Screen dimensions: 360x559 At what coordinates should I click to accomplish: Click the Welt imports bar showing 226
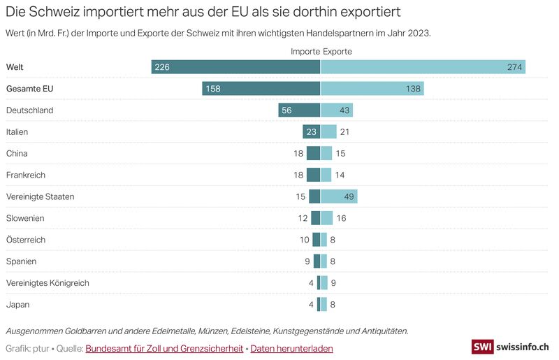coord(235,67)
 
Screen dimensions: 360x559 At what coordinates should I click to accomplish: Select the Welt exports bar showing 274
coord(423,67)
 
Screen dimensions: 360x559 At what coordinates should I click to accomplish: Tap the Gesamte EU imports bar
coord(261,89)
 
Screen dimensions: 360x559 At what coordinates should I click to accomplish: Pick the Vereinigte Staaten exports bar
coord(339,196)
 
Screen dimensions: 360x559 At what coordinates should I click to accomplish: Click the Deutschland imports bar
coord(299,110)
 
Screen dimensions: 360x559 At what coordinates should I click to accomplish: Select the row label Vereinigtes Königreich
coord(48,283)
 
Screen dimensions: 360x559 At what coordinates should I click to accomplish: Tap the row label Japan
coord(17,305)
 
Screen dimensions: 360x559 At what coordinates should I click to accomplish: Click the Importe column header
coord(305,52)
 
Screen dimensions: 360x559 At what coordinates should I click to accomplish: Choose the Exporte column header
coord(337,52)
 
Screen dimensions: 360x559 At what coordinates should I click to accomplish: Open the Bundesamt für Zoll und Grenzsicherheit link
coord(164,348)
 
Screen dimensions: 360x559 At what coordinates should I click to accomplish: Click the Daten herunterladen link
coord(291,348)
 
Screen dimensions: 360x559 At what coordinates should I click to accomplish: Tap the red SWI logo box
coord(482,347)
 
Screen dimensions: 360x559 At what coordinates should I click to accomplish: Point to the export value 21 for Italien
coord(344,132)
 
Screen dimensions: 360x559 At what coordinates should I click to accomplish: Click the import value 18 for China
coord(298,154)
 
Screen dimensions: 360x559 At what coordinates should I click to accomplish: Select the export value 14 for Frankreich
coord(340,175)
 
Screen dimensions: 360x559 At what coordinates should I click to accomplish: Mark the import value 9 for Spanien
coord(307,261)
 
